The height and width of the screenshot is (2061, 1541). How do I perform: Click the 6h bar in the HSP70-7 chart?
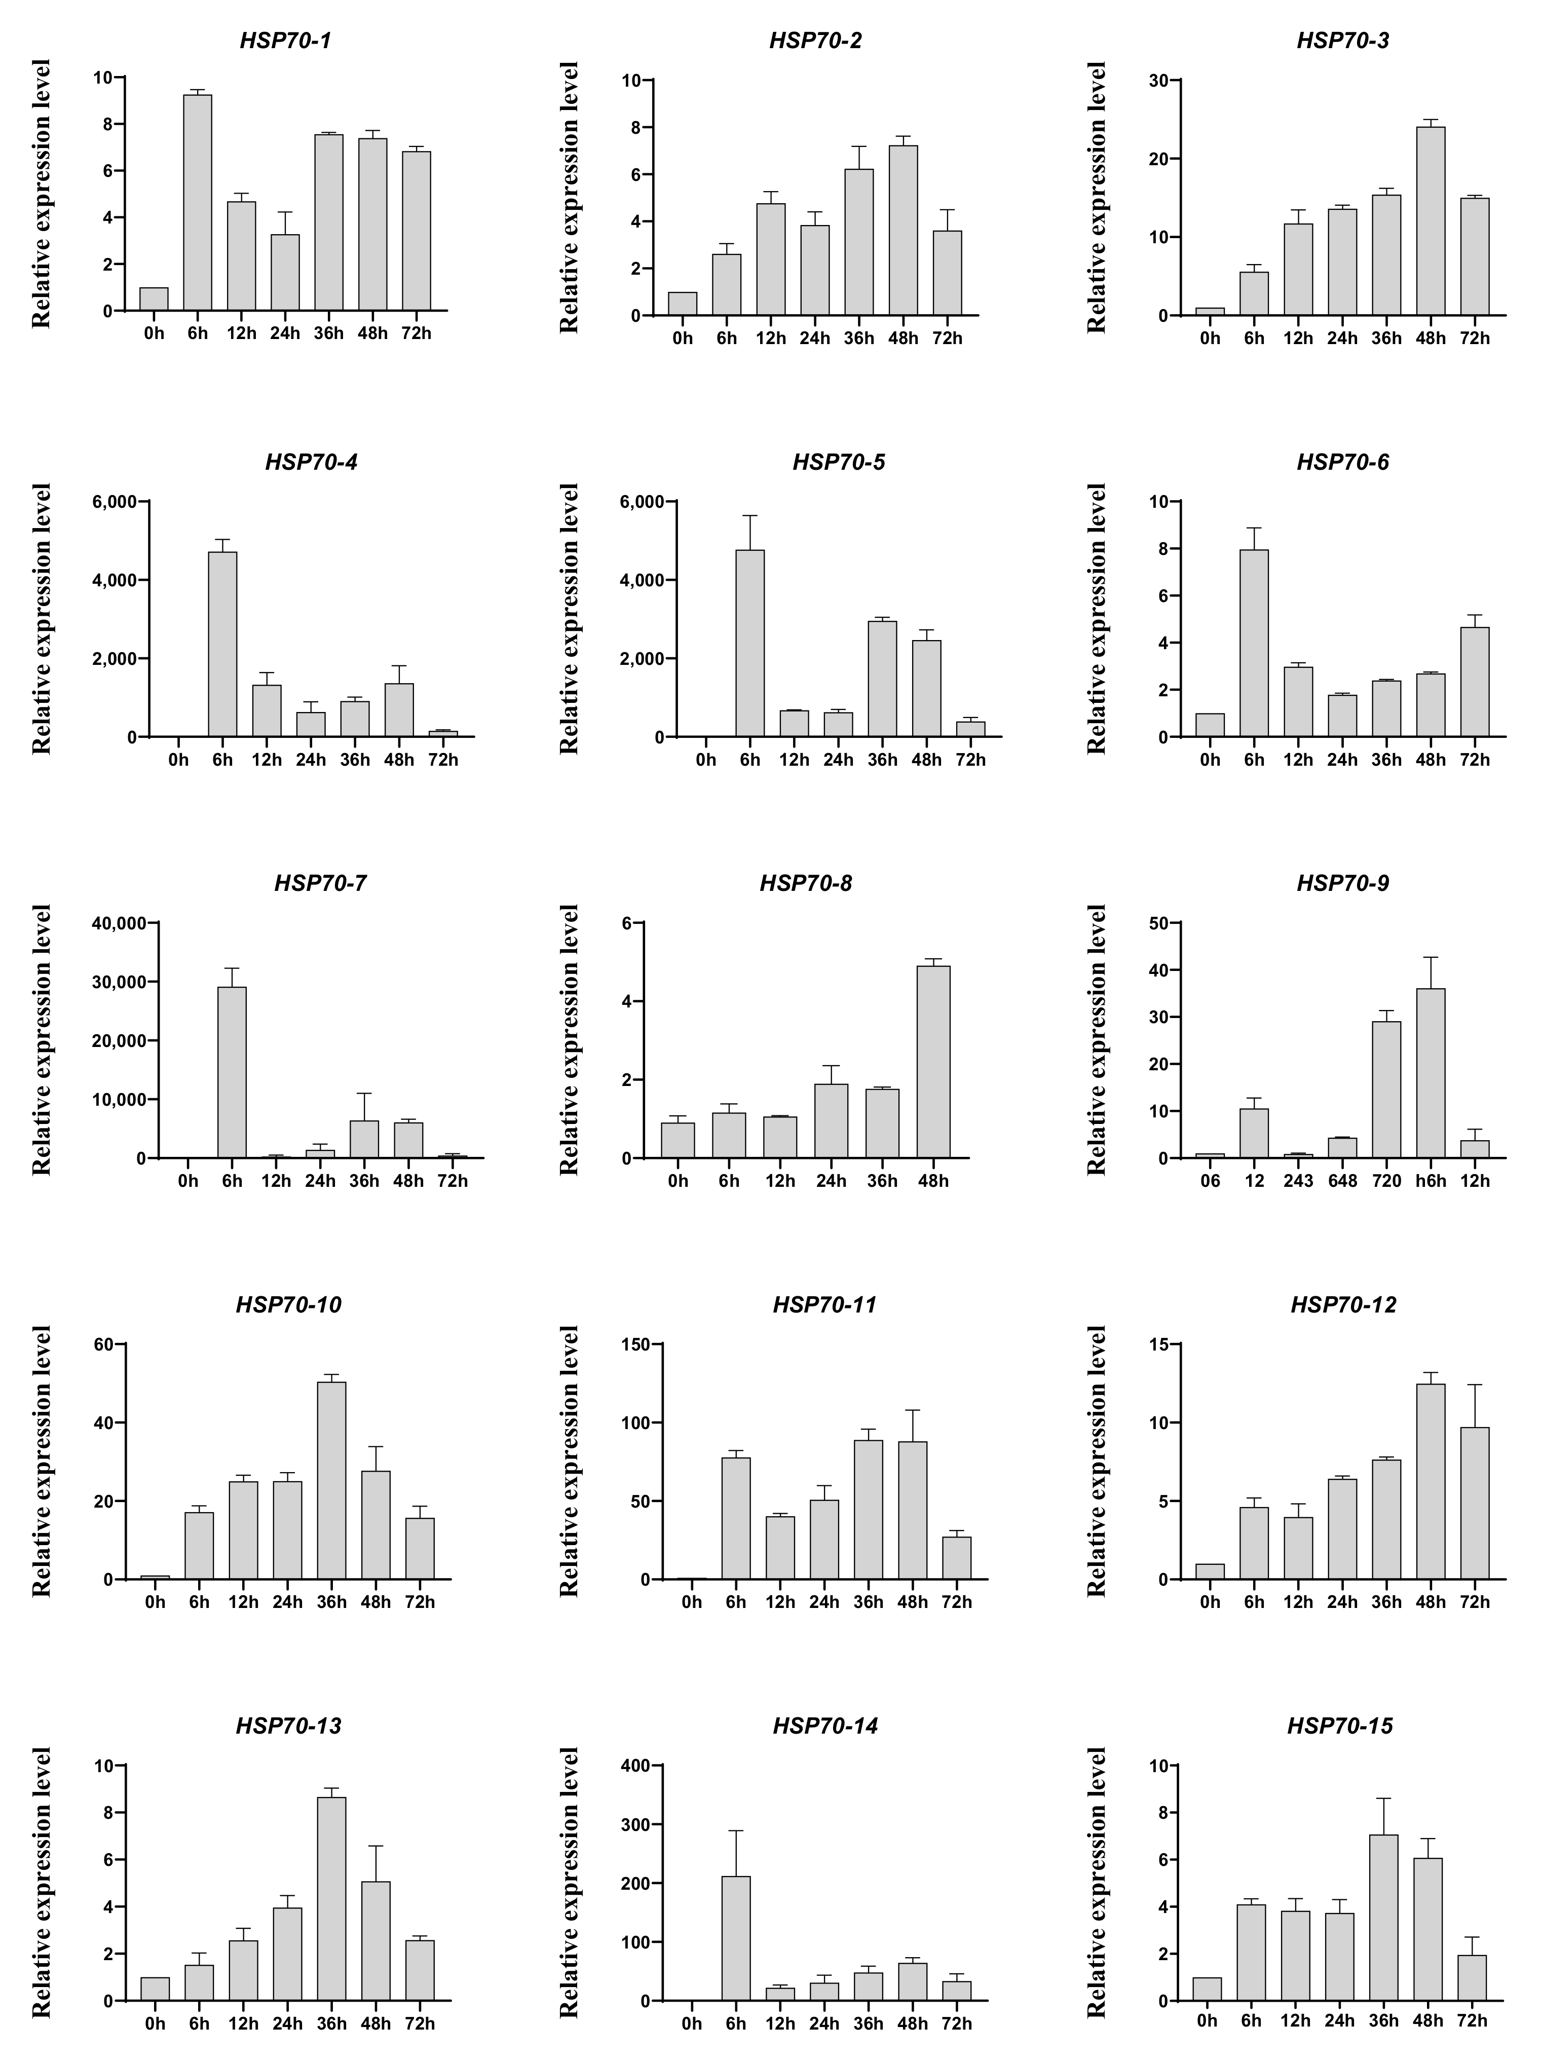tap(232, 1071)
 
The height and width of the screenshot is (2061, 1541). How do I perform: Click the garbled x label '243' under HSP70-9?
tap(1298, 1181)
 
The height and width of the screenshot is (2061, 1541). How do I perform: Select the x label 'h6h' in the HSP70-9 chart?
tap(1430, 1181)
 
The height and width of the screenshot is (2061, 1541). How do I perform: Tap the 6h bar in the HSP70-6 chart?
tap(1254, 643)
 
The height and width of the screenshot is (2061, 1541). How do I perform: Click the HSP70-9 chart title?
tap(1342, 883)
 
